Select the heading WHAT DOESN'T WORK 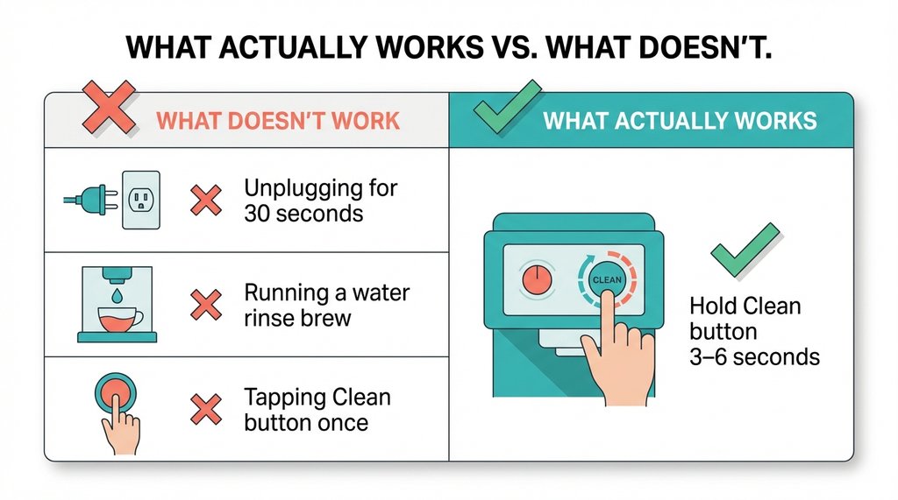coord(279,121)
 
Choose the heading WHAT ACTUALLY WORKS coord(680,121)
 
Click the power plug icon coord(89,200)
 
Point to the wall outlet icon coord(140,200)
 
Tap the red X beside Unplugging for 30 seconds coord(206,201)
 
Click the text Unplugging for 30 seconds coord(321,201)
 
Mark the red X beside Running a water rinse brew coord(206,304)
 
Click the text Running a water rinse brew coord(326,304)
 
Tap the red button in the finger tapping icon coord(118,396)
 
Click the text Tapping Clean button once coord(317,410)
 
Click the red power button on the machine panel coord(534,278)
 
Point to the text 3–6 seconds coord(754,356)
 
